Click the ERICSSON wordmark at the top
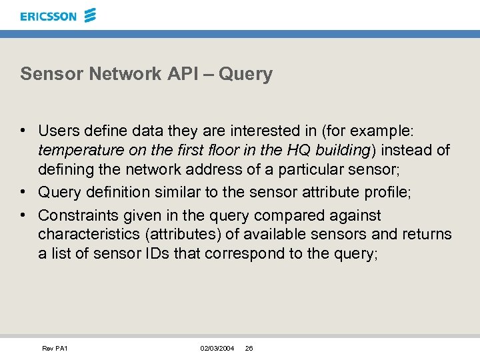coord(48,16)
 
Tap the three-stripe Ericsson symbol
coord(90,15)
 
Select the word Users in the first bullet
coord(58,131)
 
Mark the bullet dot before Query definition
coord(23,193)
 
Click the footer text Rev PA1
coord(55,349)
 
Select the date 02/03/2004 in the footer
coord(217,349)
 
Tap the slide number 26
coord(249,349)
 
